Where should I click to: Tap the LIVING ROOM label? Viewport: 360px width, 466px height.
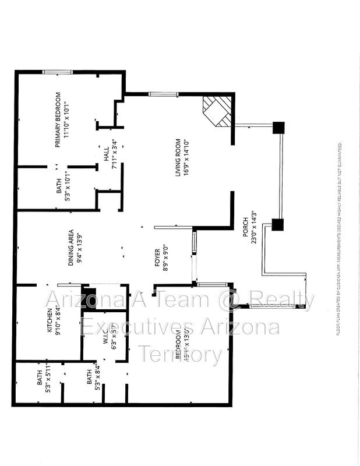coord(179,157)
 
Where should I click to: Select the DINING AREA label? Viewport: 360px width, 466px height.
coord(70,247)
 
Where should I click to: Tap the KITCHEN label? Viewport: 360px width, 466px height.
coord(50,322)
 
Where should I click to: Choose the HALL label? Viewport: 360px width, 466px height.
coord(107,154)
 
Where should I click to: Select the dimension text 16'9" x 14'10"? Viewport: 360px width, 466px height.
coord(186,157)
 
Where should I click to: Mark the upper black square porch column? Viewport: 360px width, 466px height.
coord(278,128)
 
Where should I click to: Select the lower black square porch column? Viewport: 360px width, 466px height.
coord(277,224)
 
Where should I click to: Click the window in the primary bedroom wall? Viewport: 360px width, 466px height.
coord(57,72)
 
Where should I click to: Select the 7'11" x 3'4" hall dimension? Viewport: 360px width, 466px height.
coord(115,154)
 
